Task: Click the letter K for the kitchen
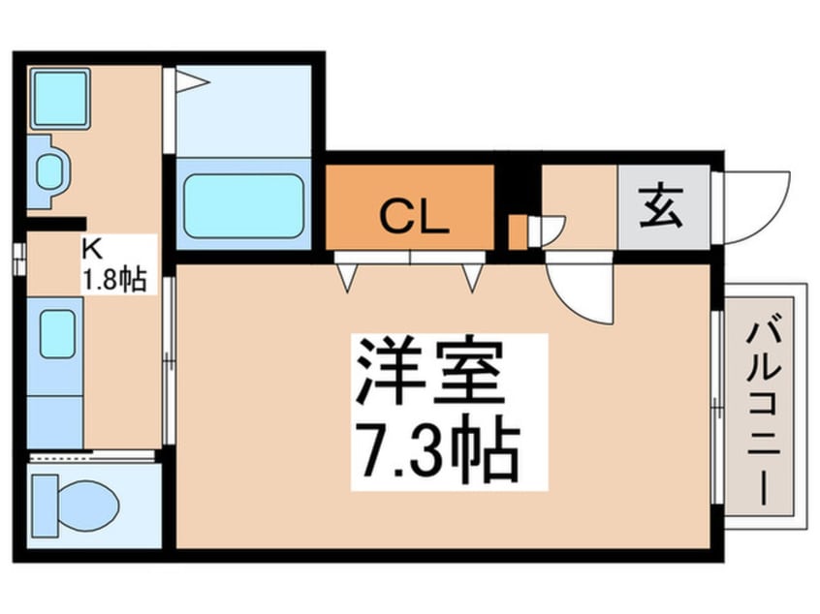click(x=90, y=250)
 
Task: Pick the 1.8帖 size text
click(x=112, y=279)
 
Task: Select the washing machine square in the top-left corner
click(x=59, y=97)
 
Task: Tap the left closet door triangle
click(x=346, y=277)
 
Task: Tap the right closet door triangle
click(x=472, y=277)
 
